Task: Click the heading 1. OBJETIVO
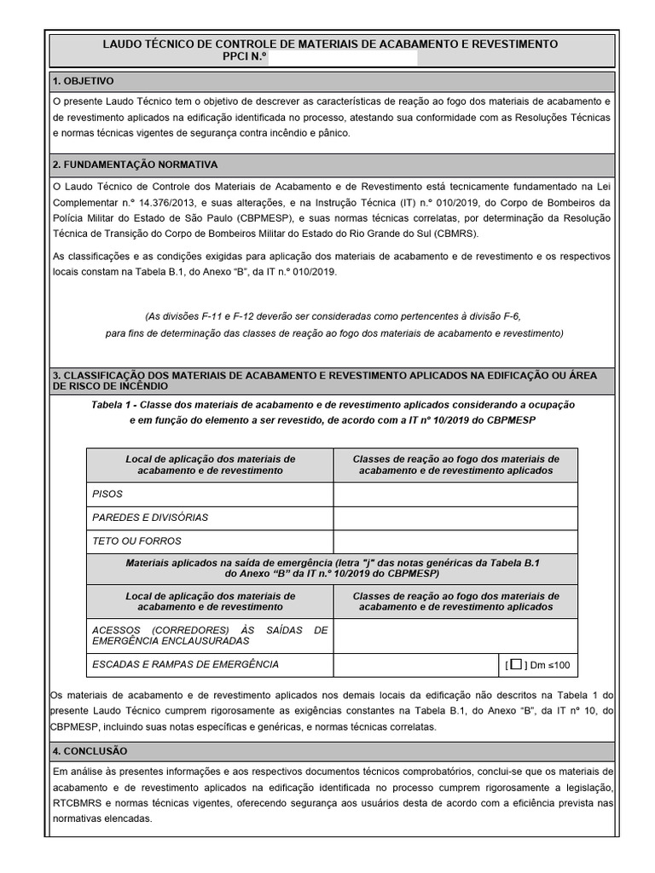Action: [x=83, y=81]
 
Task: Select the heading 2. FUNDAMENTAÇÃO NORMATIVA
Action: [x=135, y=164]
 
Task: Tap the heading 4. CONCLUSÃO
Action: [x=89, y=751]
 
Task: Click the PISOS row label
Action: [x=107, y=494]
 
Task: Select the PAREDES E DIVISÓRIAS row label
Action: [x=149, y=517]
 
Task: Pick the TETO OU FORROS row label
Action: [x=136, y=541]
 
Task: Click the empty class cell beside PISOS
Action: [x=455, y=494]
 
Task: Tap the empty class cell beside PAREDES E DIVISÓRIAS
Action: [x=455, y=517]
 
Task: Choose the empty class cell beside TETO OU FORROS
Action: [x=455, y=541]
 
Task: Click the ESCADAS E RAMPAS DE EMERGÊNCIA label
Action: [x=184, y=664]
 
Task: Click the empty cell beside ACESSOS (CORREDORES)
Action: [x=455, y=635]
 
